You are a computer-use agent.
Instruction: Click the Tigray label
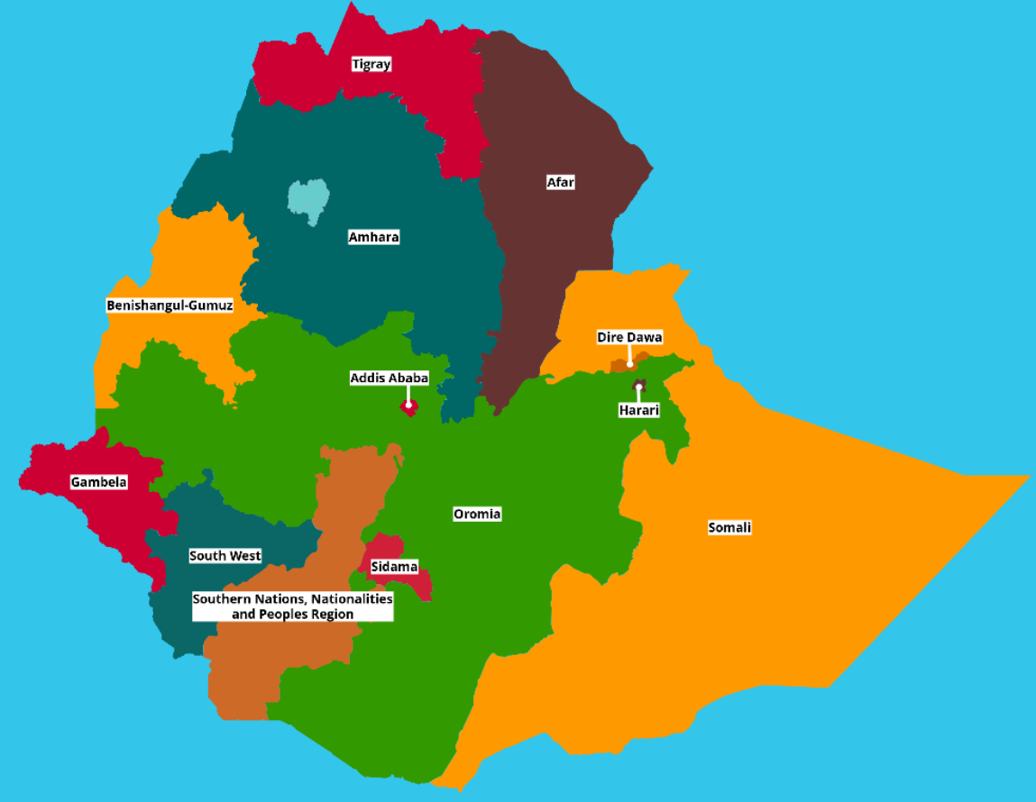click(371, 64)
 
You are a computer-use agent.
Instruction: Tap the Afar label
click(560, 182)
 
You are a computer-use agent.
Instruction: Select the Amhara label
click(373, 237)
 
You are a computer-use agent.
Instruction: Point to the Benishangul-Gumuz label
click(170, 305)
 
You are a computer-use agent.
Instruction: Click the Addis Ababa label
click(389, 378)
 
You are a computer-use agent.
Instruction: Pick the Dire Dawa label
click(629, 337)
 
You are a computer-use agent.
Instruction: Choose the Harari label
click(638, 410)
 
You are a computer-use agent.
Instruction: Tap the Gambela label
click(99, 482)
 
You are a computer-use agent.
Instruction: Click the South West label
click(225, 556)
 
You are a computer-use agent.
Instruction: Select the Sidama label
click(394, 567)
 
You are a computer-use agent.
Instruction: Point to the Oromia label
click(477, 514)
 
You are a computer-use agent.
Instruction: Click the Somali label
click(729, 527)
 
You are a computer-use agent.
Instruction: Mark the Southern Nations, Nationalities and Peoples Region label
click(292, 606)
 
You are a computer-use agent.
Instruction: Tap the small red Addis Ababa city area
click(408, 407)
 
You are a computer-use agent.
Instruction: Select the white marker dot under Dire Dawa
click(630, 363)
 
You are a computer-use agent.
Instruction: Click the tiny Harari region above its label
click(638, 388)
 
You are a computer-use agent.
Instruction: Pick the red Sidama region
click(417, 584)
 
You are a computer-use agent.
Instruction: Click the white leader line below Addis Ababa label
click(408, 395)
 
